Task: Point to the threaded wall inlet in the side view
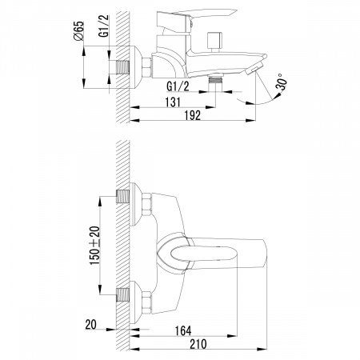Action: [124, 67]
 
